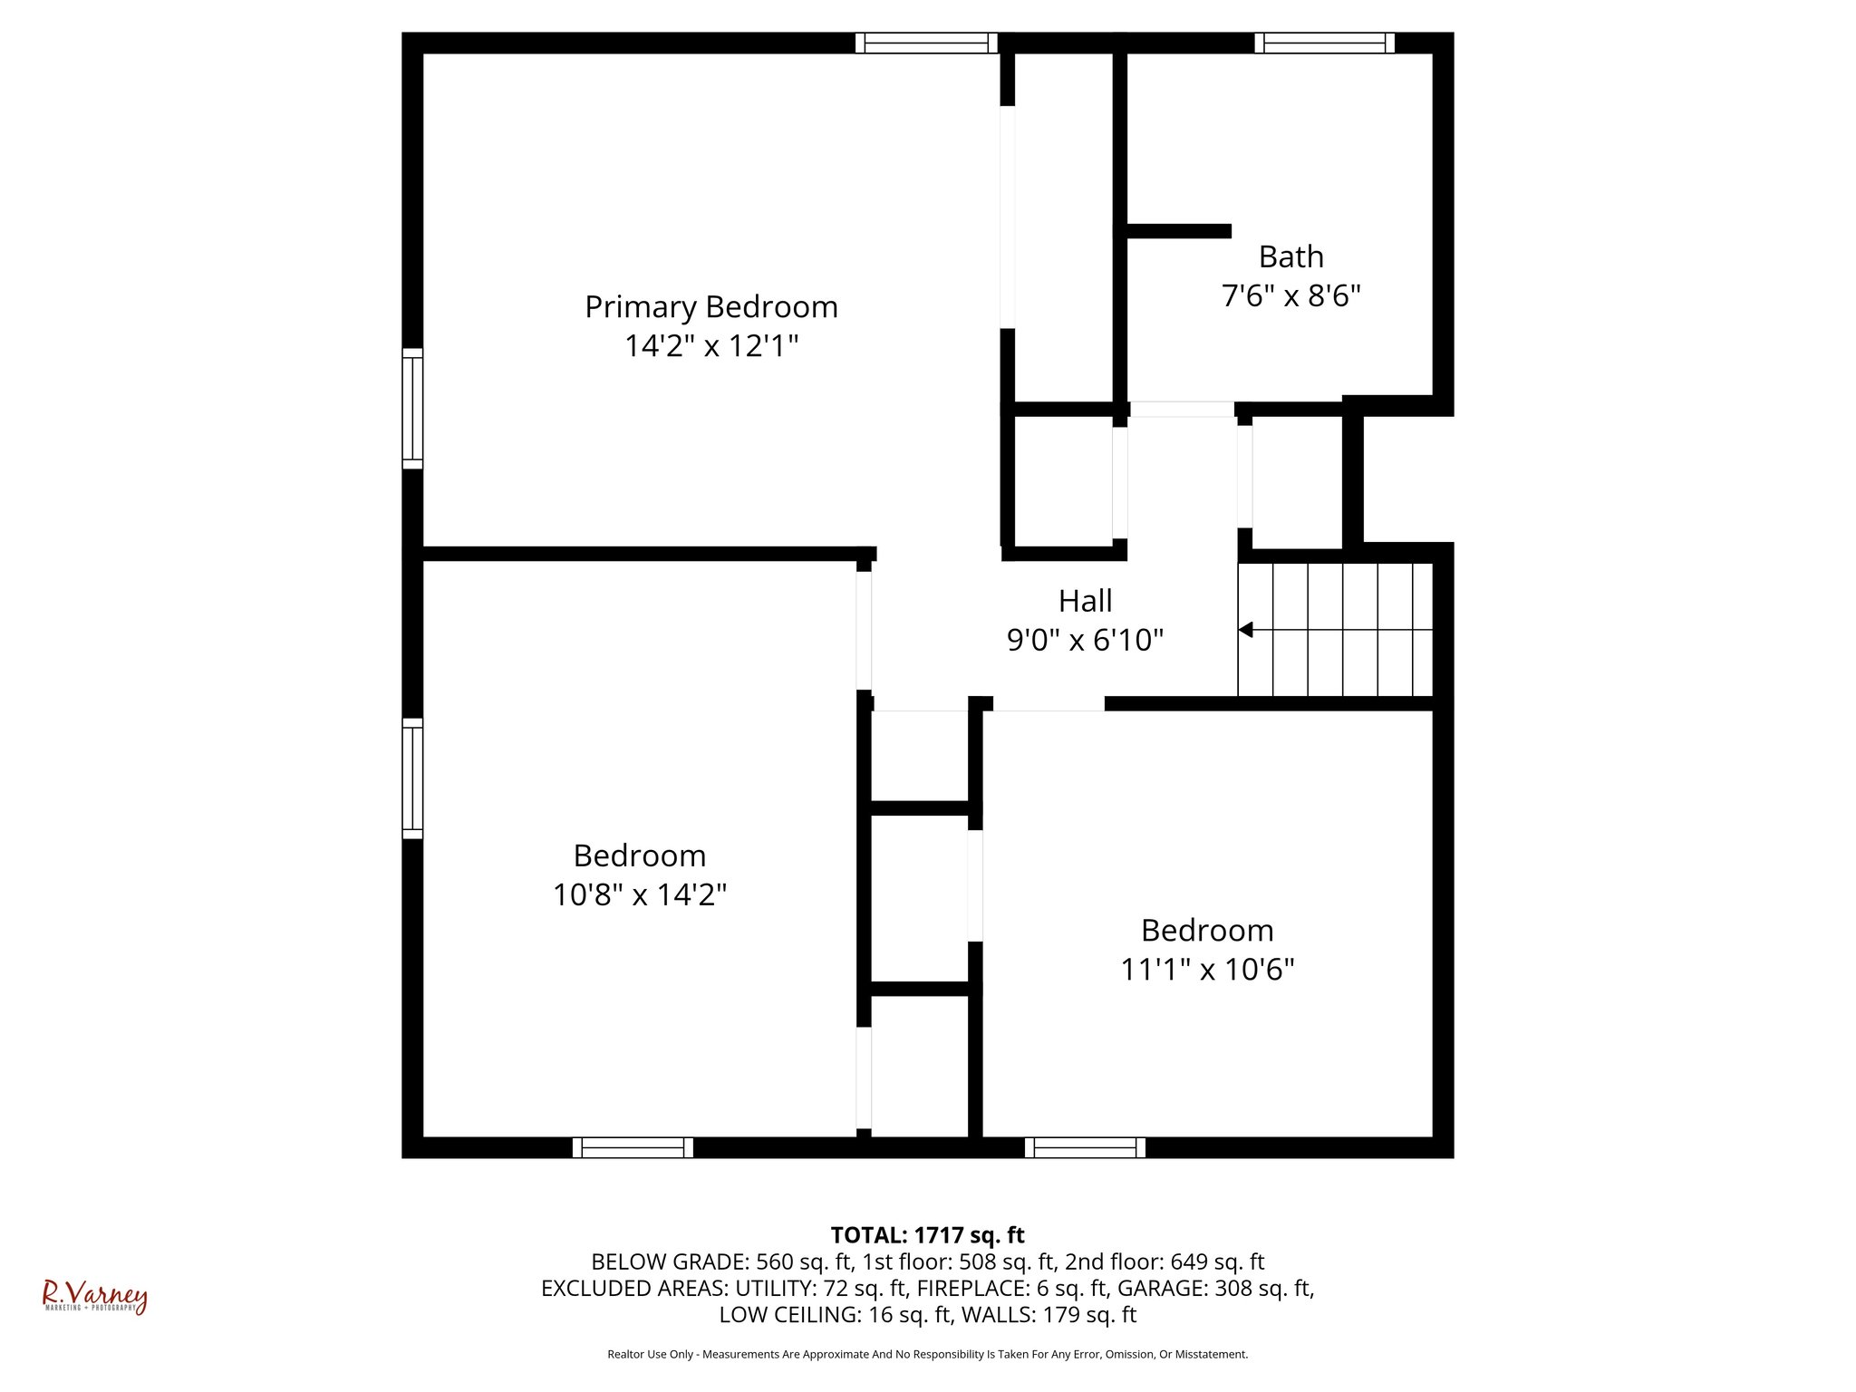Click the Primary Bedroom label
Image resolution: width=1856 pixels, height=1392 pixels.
(710, 307)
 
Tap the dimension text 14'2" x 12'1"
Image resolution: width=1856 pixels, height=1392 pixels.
(710, 346)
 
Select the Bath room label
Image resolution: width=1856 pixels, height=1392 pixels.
(1290, 257)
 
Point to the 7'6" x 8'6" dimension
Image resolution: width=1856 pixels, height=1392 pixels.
(1290, 296)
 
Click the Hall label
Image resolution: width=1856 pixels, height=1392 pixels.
(1085, 601)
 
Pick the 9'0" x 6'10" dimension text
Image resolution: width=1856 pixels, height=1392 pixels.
(1085, 641)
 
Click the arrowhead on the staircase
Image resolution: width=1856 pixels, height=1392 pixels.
(1246, 629)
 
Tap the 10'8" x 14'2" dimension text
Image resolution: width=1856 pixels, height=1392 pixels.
(640, 895)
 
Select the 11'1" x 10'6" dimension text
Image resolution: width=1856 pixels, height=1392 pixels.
(1207, 970)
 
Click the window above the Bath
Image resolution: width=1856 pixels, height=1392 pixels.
(1324, 43)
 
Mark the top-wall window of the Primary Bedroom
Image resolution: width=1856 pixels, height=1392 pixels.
(925, 43)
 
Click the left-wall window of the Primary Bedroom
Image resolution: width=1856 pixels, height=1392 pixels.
(412, 408)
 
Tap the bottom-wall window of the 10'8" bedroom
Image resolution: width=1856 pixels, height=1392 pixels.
(633, 1147)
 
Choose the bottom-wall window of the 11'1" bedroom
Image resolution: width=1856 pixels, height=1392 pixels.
(1085, 1147)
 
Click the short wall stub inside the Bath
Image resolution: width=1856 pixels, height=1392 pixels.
(1178, 231)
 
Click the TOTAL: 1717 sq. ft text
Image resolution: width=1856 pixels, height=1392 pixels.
(927, 1235)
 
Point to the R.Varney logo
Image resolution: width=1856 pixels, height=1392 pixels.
(94, 1297)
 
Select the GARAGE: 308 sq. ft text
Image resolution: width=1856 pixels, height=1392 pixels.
(1213, 1288)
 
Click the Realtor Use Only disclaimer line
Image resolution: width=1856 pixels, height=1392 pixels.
(927, 1354)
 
